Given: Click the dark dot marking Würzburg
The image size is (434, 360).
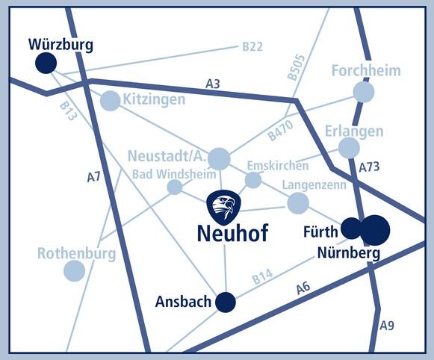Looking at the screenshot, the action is pyautogui.click(x=46, y=63).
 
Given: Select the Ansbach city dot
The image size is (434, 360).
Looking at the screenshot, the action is pyautogui.click(x=226, y=302).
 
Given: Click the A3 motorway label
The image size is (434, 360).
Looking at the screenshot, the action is pyautogui.click(x=213, y=84).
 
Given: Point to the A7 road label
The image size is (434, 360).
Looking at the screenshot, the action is pyautogui.click(x=94, y=177).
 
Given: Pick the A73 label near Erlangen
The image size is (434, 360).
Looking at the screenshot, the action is pyautogui.click(x=369, y=167).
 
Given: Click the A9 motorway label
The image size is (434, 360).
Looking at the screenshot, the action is pyautogui.click(x=387, y=326).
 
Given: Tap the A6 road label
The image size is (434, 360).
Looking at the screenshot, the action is pyautogui.click(x=303, y=288).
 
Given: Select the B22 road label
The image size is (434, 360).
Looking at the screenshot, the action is pyautogui.click(x=252, y=47).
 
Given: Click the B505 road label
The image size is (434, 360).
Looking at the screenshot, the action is pyautogui.click(x=296, y=67).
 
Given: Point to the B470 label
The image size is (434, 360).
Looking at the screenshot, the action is pyautogui.click(x=280, y=130).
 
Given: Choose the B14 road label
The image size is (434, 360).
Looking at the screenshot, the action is pyautogui.click(x=262, y=276).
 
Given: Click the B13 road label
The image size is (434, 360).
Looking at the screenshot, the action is pyautogui.click(x=67, y=111).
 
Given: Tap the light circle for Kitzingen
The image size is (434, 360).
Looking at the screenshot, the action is pyautogui.click(x=110, y=101).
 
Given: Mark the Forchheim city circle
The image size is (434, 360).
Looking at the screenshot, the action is pyautogui.click(x=364, y=92).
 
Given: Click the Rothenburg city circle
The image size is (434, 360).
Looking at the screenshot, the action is pyautogui.click(x=74, y=271).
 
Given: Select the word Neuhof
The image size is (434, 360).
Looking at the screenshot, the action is pyautogui.click(x=233, y=234).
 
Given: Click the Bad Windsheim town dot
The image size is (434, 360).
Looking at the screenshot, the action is pyautogui.click(x=175, y=187).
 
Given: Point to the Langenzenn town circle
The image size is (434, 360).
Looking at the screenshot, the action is pyautogui.click(x=298, y=203).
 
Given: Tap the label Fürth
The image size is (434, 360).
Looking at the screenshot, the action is pyautogui.click(x=320, y=232).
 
